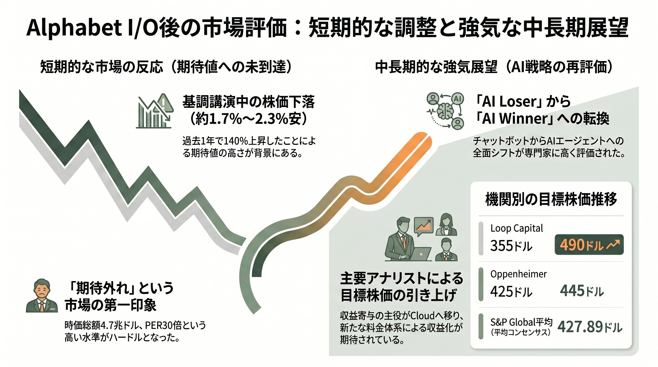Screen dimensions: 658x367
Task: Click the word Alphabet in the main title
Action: point(74,28)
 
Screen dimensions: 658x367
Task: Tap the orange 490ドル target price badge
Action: point(589,245)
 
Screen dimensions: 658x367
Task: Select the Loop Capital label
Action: point(516,228)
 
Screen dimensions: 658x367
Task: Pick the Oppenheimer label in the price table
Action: point(519,274)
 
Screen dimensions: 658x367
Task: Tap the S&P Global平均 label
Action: point(521,322)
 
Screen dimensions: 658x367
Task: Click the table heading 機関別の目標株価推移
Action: point(551,199)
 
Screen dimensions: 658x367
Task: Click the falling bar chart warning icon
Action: point(155,111)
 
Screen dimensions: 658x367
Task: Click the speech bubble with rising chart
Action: point(423,226)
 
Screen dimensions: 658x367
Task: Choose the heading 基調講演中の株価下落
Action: point(248,102)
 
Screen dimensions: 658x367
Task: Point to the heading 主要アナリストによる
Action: point(402,278)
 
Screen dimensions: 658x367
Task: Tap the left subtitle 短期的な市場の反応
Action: point(101,67)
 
